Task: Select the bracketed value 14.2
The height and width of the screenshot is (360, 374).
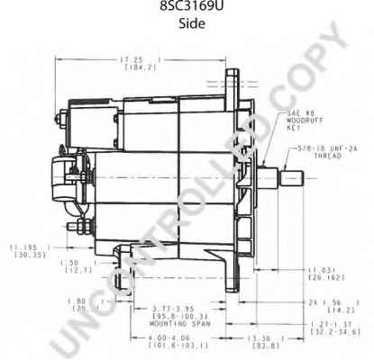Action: click(337, 310)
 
